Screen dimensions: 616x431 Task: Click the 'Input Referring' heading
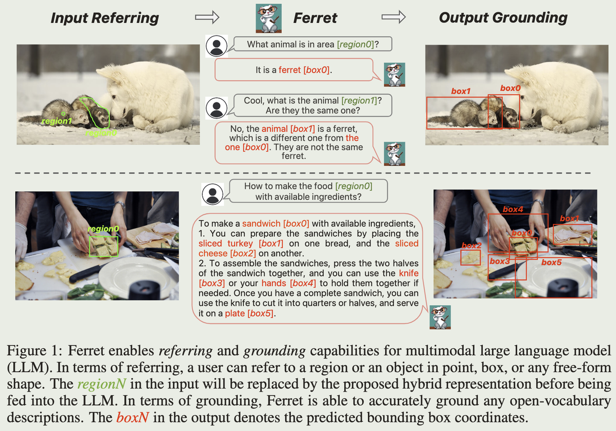[x=105, y=18]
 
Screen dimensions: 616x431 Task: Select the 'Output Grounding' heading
[x=503, y=18]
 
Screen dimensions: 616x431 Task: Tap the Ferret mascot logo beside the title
[x=268, y=18]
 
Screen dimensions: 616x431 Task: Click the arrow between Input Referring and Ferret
[x=207, y=17]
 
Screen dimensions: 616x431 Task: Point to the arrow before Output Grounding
[x=394, y=17]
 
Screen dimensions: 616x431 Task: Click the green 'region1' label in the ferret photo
[x=56, y=121]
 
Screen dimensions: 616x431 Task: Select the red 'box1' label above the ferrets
[x=461, y=91]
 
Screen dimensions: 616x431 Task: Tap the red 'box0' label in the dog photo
[x=510, y=88]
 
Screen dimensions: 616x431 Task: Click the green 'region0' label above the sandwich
[x=104, y=229]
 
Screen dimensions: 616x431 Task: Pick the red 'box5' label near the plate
[x=551, y=263]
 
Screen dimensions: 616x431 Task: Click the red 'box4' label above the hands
[x=513, y=210]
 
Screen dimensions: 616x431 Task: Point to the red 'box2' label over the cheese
[x=471, y=245]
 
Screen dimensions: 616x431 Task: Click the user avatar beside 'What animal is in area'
[x=216, y=46]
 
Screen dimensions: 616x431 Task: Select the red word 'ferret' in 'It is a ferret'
[x=290, y=70]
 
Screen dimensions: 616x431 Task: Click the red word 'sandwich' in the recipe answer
[x=261, y=223]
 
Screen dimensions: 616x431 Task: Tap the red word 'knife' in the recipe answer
[x=409, y=273]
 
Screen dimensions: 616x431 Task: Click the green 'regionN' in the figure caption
[x=101, y=384]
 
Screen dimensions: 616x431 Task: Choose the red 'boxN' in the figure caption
[x=133, y=417]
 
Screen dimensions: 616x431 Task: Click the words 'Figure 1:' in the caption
[x=35, y=351]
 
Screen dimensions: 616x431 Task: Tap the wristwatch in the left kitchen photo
[x=120, y=205]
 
